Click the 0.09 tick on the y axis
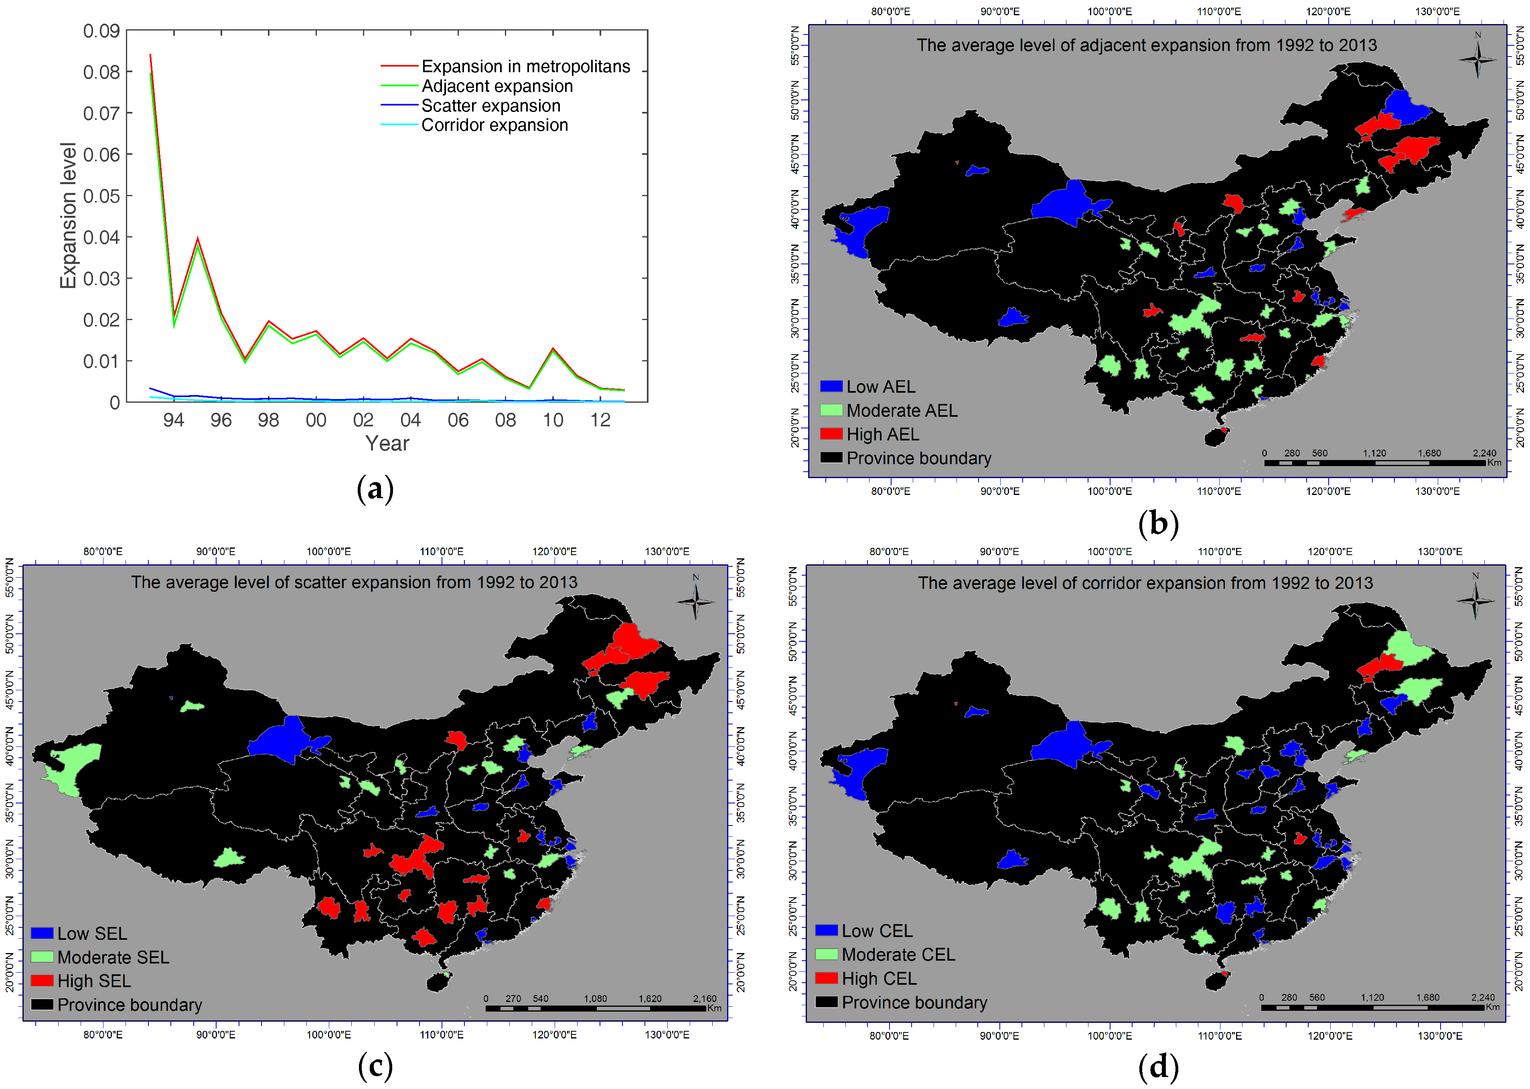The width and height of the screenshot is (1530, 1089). (x=101, y=31)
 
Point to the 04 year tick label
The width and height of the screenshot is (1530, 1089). (x=410, y=420)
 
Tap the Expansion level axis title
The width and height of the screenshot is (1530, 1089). (x=68, y=215)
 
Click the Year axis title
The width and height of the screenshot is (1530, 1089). (x=387, y=443)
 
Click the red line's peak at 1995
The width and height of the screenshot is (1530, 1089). (x=197, y=238)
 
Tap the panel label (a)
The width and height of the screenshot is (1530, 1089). (x=375, y=489)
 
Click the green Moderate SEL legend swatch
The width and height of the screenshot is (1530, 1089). (x=42, y=957)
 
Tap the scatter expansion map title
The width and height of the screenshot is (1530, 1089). (x=354, y=582)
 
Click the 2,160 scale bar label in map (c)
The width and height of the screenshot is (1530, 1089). (x=705, y=998)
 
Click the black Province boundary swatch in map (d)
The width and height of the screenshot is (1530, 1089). (x=826, y=1002)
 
